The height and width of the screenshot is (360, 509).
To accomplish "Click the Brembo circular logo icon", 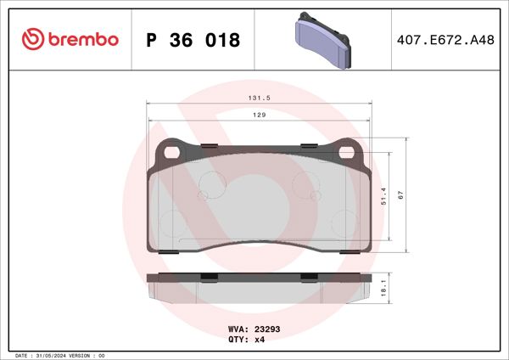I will coord(31,39).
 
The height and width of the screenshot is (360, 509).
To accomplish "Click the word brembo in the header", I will coord(83,39).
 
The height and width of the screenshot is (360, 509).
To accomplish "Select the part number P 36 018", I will coord(193,40).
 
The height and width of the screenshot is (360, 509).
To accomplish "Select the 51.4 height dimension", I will coord(383,197).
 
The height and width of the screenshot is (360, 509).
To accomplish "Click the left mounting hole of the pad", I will coord(173,153).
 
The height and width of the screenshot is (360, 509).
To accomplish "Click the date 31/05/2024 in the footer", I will coord(53,355).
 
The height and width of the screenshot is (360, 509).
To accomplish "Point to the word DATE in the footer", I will coord(23,355).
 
